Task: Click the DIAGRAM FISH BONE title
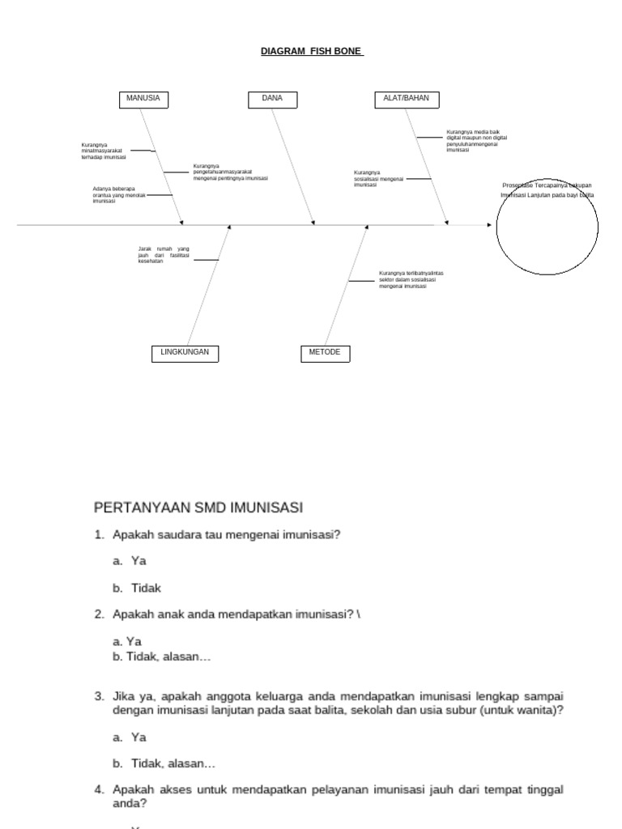click(312, 51)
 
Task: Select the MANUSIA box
click(143, 100)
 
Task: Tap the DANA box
click(272, 100)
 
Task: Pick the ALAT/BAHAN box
click(407, 100)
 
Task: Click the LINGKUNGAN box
click(185, 353)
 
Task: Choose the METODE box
click(325, 353)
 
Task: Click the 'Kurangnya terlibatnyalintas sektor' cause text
click(411, 280)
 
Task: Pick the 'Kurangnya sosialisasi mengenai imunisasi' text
click(378, 179)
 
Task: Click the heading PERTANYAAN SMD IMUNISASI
click(198, 508)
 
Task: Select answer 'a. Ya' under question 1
click(130, 560)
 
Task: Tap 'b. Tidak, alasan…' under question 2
click(162, 657)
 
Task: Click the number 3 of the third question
click(98, 696)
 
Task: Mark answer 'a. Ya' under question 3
click(130, 738)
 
